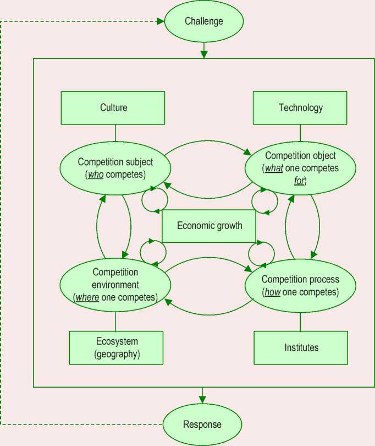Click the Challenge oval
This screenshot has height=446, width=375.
[x=204, y=22]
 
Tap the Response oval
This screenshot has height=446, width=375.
[x=202, y=425]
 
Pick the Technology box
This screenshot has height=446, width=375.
[x=300, y=108]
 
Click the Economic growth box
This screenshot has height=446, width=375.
[x=209, y=226]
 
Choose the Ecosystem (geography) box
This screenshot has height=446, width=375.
[x=116, y=347]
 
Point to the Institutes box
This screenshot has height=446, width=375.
[x=301, y=347]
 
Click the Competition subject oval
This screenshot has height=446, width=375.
[x=115, y=168]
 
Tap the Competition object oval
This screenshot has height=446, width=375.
[x=300, y=168]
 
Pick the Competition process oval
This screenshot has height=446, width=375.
[x=300, y=285]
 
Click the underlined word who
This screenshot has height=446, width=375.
[x=91, y=175]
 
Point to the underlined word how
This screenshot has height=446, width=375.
[x=272, y=292]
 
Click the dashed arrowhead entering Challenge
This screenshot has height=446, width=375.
[x=161, y=21]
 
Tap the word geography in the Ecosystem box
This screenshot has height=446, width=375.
[x=117, y=354]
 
